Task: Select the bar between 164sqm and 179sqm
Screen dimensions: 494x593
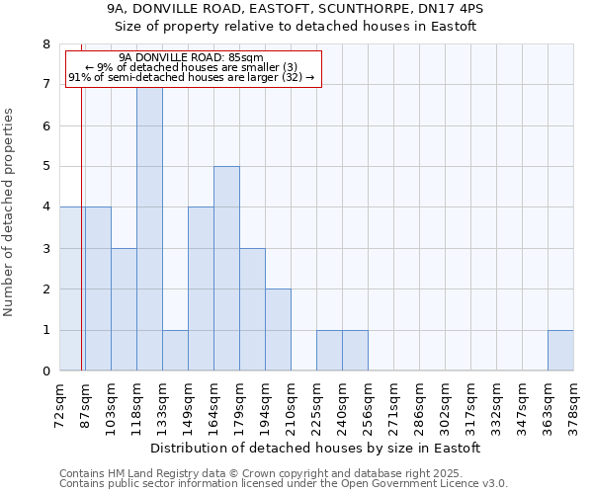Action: [226, 269]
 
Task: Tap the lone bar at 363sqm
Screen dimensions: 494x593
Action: [560, 351]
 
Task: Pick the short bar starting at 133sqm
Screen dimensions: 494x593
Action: [175, 351]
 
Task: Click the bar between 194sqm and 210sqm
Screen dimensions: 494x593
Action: [278, 330]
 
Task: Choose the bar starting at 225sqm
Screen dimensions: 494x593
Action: [329, 351]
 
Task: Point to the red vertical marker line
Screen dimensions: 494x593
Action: [81, 247]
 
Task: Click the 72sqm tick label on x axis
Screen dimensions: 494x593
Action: [60, 406]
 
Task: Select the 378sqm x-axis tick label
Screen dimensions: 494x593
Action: [574, 406]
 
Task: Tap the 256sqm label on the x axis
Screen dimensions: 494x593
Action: [369, 406]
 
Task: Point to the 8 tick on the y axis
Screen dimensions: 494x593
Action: [45, 44]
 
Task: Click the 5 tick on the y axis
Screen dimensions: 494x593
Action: [45, 167]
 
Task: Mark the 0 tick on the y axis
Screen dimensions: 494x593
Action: [45, 371]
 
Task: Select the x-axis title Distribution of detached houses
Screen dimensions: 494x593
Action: [316, 448]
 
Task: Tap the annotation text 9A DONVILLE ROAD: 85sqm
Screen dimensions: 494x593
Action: [191, 58]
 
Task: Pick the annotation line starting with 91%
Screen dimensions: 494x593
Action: [191, 78]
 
